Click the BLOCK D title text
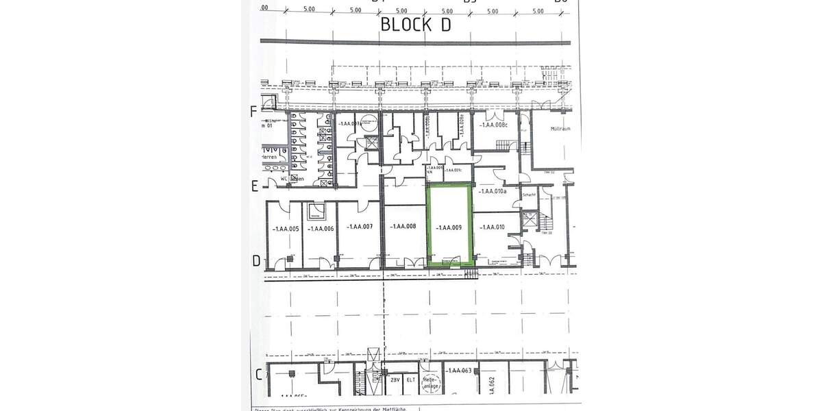[x=416, y=25]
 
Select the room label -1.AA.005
[x=285, y=229]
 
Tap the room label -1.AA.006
[x=321, y=229]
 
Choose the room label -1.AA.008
[x=403, y=227]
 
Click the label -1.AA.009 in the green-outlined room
[x=449, y=227]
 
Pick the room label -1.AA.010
[x=492, y=227]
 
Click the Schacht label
[x=528, y=195]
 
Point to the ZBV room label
[x=395, y=379]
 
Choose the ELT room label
[x=411, y=379]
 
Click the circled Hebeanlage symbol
[x=429, y=382]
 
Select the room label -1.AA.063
[x=460, y=371]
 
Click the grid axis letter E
[x=253, y=186]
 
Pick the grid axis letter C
[x=259, y=374]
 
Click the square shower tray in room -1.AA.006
[x=317, y=211]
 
